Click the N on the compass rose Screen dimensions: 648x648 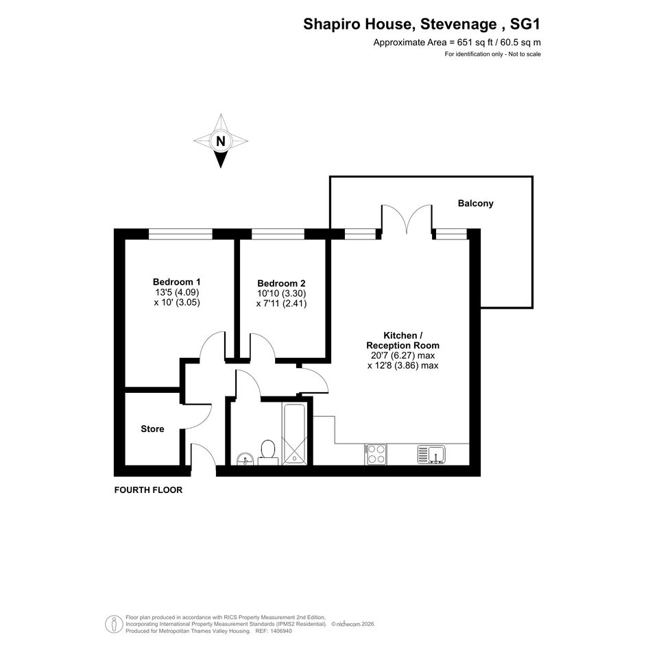point(221,141)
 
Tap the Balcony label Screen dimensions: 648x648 point(475,204)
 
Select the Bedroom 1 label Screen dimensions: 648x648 point(176,282)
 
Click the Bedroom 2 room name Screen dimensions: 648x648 point(281,283)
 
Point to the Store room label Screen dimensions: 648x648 point(152,429)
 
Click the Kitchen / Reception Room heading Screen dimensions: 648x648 point(403,341)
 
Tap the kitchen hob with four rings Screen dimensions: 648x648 point(376,454)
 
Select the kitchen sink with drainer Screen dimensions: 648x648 point(431,455)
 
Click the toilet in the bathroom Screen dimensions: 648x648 point(268,453)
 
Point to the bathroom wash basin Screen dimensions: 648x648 point(245,459)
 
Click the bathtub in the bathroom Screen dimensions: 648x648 point(294,434)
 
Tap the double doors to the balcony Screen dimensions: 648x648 point(407,218)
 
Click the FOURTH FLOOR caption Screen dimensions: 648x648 point(148,490)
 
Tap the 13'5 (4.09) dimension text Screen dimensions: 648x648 point(177,292)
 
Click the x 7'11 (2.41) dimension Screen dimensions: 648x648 point(281,304)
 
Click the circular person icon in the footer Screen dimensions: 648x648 point(114,624)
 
